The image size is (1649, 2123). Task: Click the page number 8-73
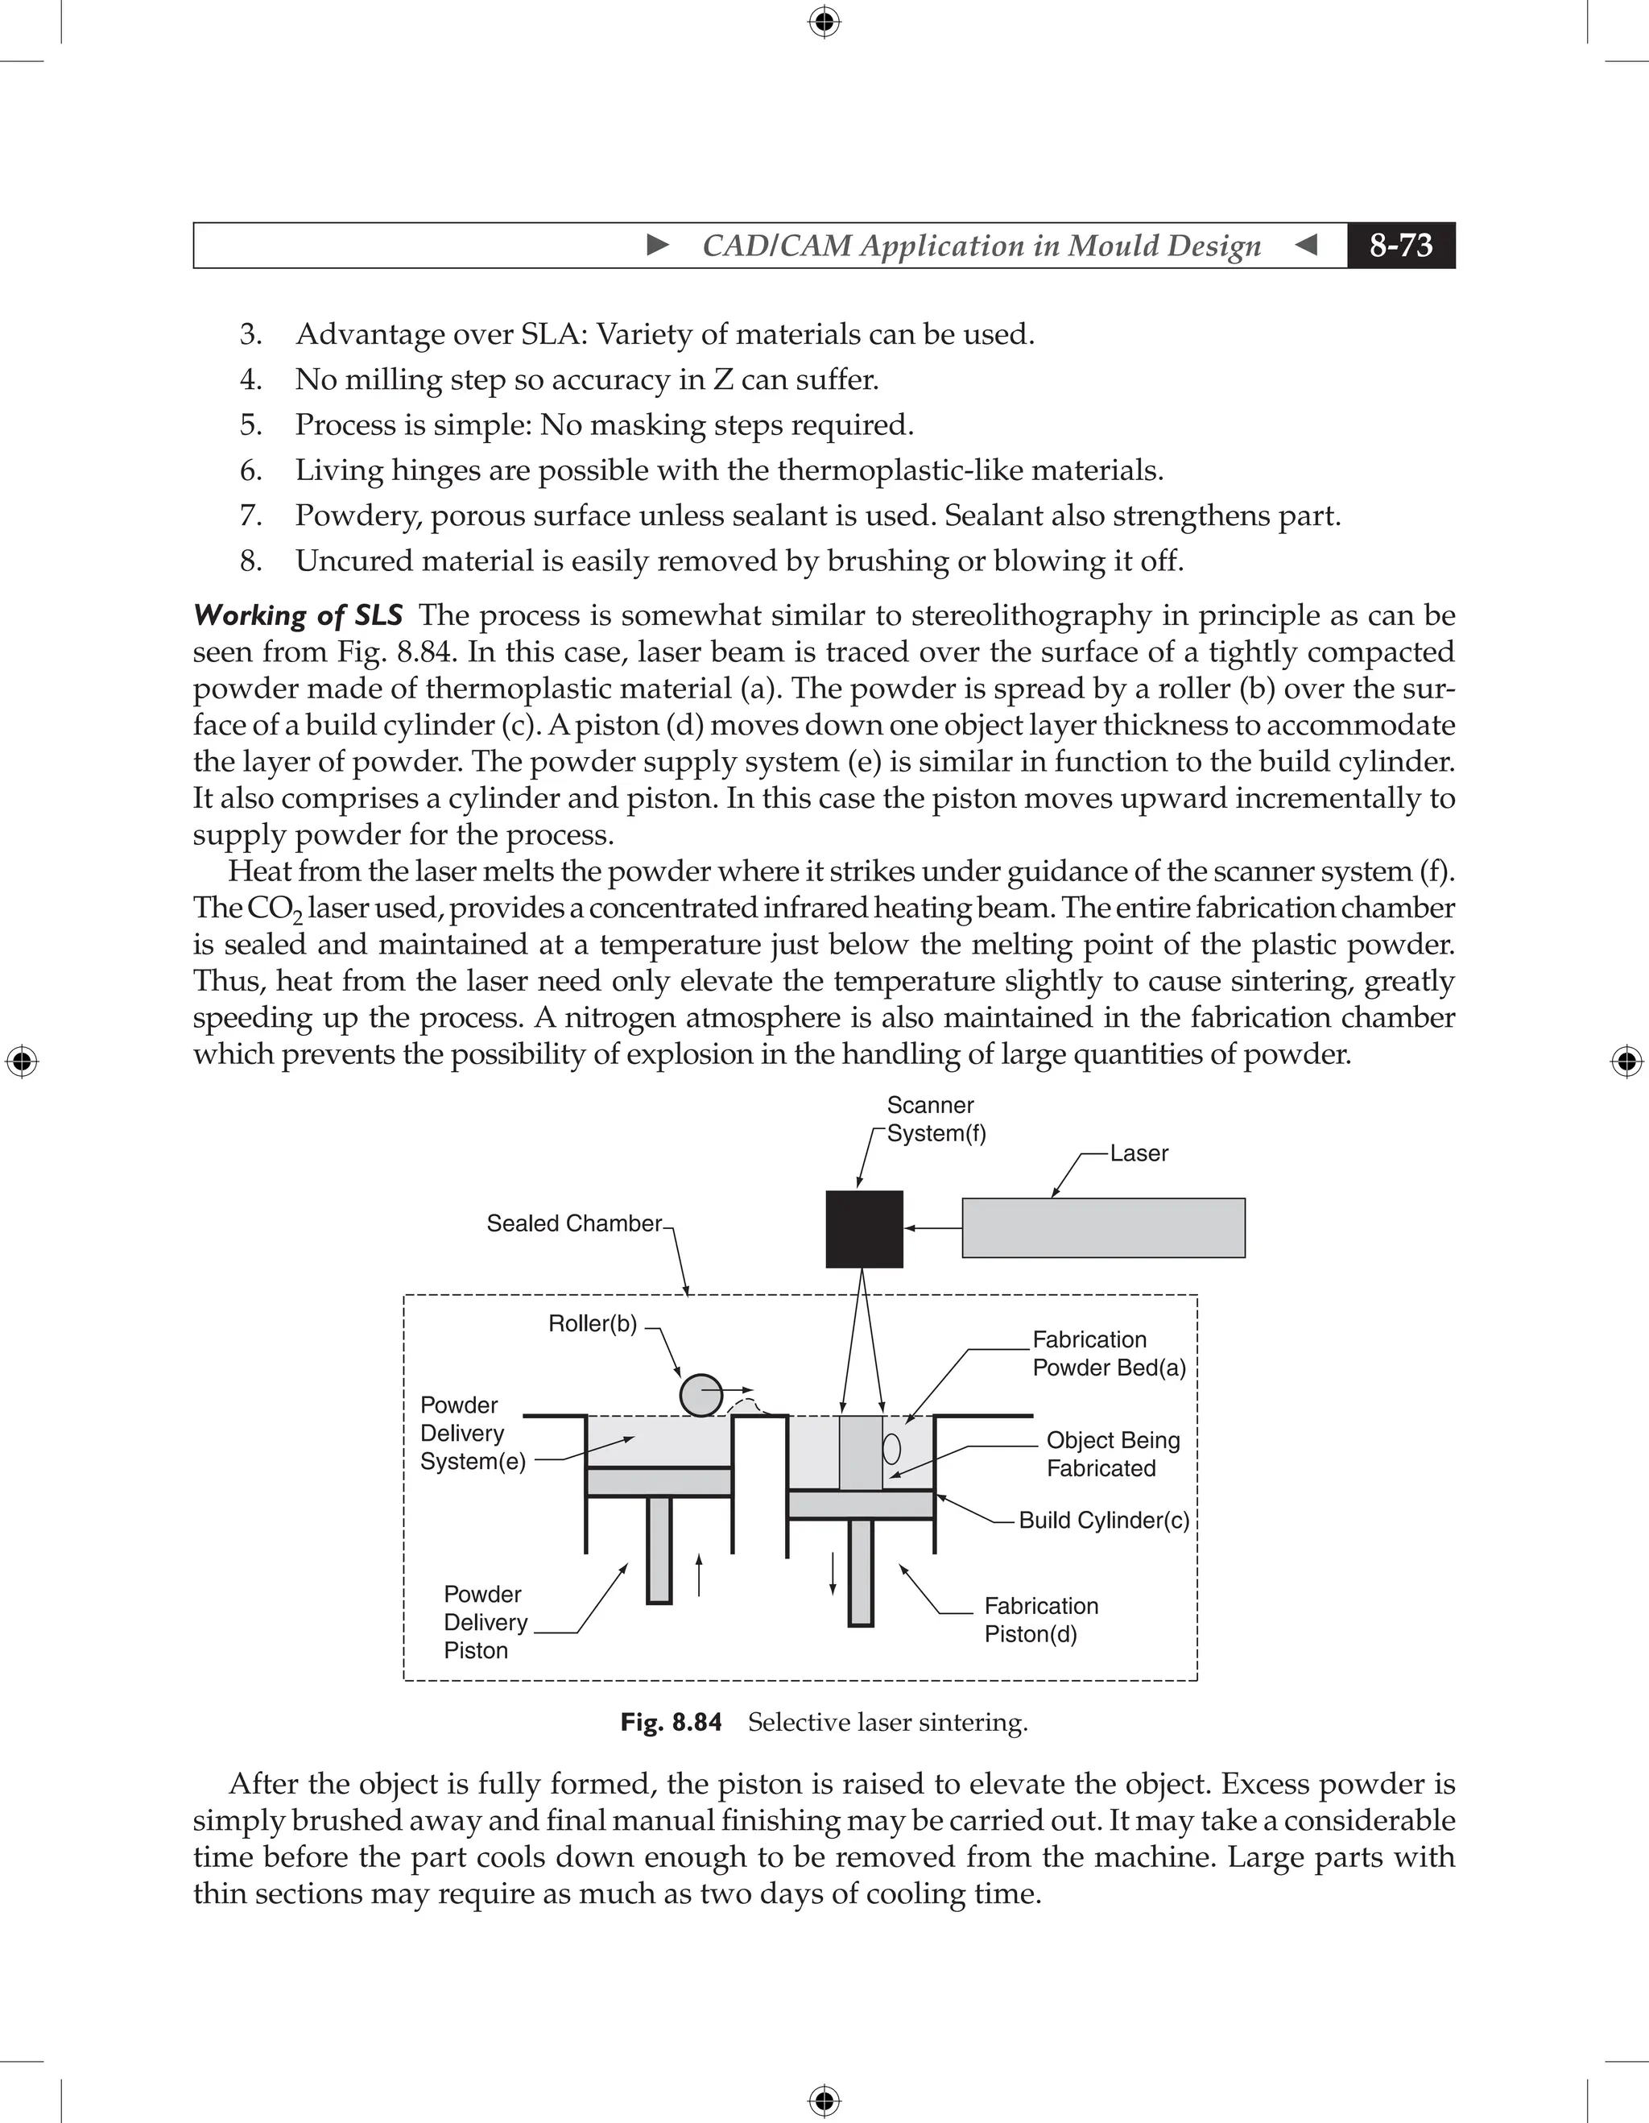pos(1400,245)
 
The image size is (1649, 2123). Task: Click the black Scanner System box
pos(864,1229)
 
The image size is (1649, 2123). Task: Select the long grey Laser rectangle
pos(1103,1227)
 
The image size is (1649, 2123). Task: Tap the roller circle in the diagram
pos(701,1396)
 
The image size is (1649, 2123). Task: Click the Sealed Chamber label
pos(573,1223)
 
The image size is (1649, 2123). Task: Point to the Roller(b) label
pos(593,1323)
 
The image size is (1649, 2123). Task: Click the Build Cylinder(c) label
pos(1103,1521)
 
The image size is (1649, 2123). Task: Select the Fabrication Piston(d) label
pos(1041,1620)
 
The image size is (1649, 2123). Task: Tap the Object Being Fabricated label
pos(1113,1455)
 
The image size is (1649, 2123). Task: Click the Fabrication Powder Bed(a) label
pos(1109,1353)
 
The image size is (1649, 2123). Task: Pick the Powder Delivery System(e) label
pos(473,1433)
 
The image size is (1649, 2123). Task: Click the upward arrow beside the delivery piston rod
pos(699,1575)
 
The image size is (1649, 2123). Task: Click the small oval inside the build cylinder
pos(891,1450)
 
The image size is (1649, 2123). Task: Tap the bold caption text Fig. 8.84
pos(671,1723)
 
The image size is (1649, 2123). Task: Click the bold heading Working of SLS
pos(297,615)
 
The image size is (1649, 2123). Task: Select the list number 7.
pos(250,515)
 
